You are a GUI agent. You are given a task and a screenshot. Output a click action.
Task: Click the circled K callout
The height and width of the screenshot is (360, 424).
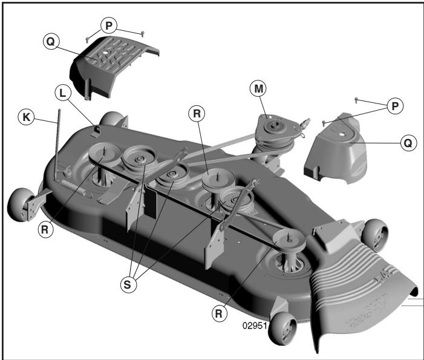point(25,117)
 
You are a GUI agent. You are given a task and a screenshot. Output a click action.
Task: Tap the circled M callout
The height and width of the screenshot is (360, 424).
point(259,88)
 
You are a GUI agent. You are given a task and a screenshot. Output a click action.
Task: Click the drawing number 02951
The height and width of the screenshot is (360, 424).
point(255,325)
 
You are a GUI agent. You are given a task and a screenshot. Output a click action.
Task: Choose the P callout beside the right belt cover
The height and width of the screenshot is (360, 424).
point(394,106)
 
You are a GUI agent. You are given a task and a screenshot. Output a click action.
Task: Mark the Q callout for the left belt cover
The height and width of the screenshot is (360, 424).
point(51,42)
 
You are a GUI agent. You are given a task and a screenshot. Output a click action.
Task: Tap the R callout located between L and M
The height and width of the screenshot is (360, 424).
point(197,113)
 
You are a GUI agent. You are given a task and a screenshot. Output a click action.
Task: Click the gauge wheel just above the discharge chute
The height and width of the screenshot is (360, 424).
point(376,234)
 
